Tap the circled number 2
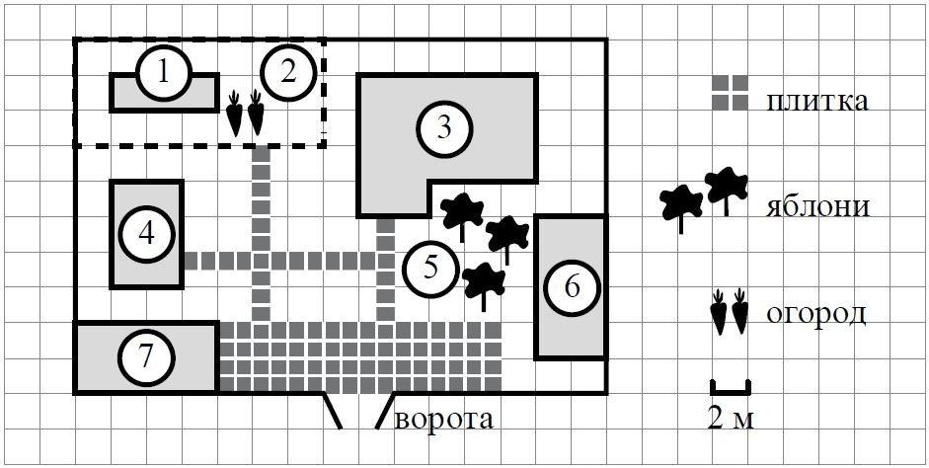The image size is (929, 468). pos(288,72)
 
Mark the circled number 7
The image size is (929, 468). pos(146,356)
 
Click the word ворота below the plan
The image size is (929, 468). pos(443,420)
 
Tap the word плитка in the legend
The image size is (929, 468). pos(816,100)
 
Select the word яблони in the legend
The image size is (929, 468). pos(816,207)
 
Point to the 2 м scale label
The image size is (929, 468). pos(731,420)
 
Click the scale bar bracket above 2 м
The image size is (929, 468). pos(731,385)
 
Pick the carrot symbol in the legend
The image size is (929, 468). pos(732,312)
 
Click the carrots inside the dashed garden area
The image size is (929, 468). pos(246,114)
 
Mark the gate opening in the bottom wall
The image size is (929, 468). pos(358,409)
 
